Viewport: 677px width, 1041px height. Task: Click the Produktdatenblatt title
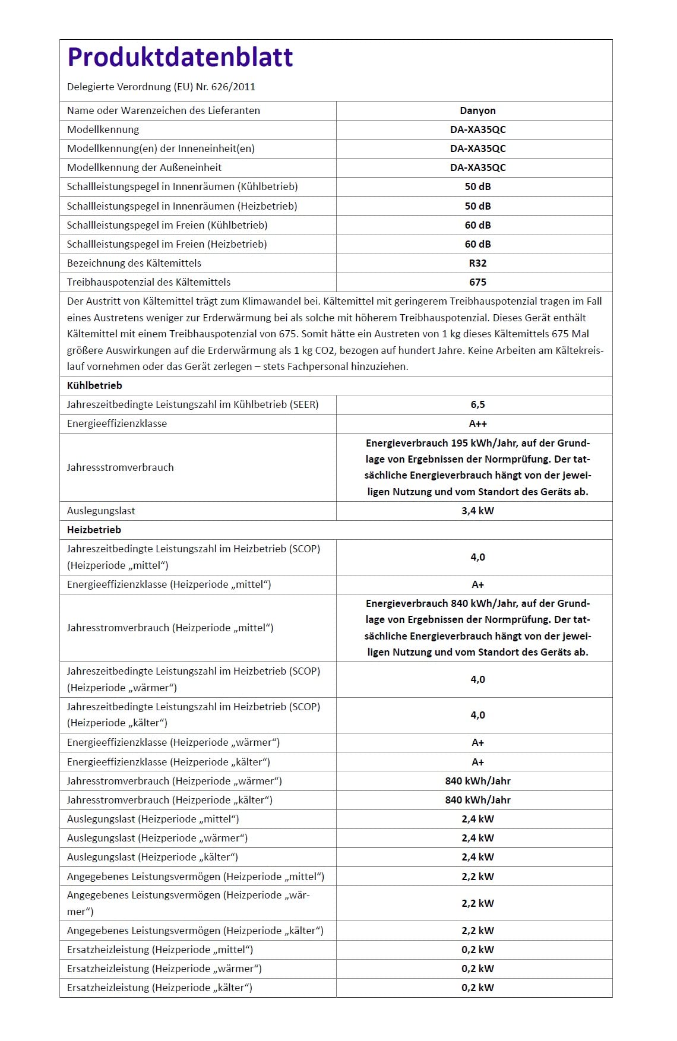coord(180,57)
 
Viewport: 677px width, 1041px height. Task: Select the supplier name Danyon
coord(477,110)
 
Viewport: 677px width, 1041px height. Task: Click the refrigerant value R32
coord(477,263)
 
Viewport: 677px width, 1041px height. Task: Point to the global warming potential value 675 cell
coord(477,282)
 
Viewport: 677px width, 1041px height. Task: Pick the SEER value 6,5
coord(477,404)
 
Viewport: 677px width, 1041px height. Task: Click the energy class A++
coord(477,423)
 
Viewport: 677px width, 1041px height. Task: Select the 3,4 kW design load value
coord(477,511)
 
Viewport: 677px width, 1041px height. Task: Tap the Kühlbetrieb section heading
coord(94,385)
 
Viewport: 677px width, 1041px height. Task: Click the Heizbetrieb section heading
coord(94,530)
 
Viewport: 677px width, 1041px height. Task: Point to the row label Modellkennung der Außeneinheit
coord(144,167)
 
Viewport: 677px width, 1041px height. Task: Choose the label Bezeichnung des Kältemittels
coord(134,263)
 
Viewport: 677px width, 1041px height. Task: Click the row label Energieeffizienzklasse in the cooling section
coord(117,423)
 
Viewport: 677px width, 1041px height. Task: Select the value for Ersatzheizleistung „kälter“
coord(477,988)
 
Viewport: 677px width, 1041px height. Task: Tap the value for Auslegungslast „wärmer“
coord(477,838)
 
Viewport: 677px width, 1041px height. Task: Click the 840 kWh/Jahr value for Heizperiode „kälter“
coord(477,800)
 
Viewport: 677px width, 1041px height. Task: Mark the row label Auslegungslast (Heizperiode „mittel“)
coord(153,819)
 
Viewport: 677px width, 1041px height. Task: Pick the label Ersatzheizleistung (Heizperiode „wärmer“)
coord(164,969)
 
